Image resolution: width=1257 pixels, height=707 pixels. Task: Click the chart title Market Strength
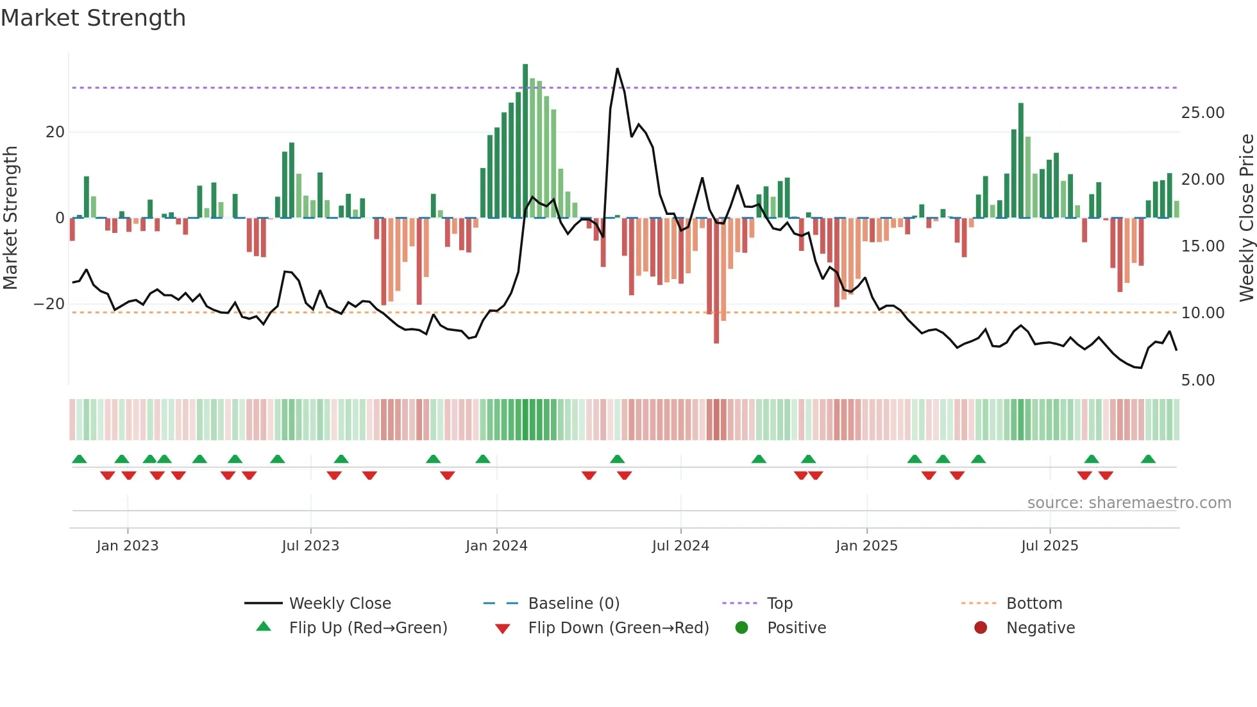tap(93, 18)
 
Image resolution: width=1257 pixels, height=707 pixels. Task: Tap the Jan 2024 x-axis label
tap(496, 546)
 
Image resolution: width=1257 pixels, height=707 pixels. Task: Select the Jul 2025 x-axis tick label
tap(1049, 546)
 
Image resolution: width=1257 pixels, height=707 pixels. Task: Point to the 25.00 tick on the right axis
tap(1202, 113)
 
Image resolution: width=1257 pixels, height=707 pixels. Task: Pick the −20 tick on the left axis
tap(49, 304)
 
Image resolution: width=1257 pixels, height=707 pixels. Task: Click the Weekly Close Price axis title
tap(1246, 218)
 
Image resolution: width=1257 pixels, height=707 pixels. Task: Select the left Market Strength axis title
tap(10, 218)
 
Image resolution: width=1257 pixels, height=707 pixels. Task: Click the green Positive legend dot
tap(742, 628)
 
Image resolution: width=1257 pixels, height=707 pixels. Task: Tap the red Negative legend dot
tap(981, 628)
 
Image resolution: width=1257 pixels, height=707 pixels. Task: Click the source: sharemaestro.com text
tap(1129, 503)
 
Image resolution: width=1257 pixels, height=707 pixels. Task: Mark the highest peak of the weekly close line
tap(618, 69)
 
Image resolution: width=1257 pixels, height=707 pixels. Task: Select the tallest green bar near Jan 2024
tap(525, 141)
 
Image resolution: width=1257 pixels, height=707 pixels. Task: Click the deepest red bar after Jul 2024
tap(716, 282)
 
